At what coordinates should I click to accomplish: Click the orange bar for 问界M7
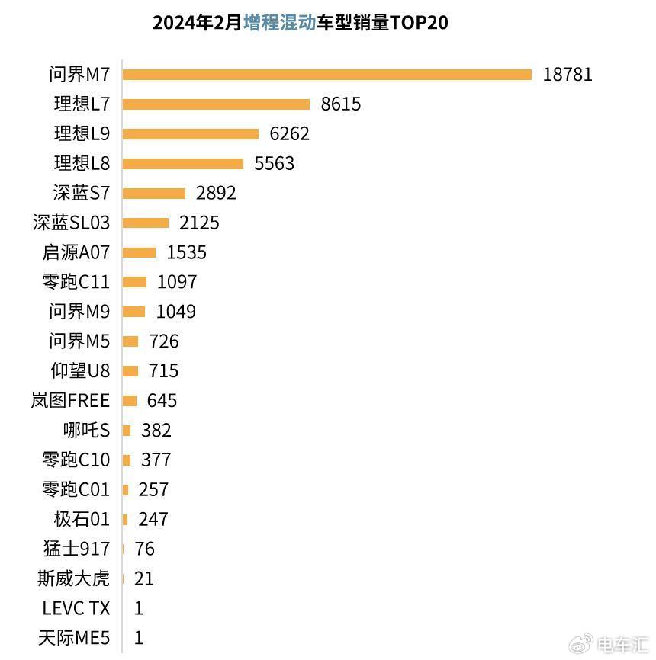[326, 75]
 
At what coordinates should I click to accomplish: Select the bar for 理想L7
[216, 104]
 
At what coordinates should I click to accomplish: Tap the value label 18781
[568, 75]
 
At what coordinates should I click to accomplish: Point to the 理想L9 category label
[82, 134]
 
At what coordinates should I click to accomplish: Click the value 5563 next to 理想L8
[274, 164]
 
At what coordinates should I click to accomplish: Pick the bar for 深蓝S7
[154, 194]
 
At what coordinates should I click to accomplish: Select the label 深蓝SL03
[72, 223]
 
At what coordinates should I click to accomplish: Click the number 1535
[186, 253]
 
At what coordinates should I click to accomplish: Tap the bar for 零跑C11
[134, 283]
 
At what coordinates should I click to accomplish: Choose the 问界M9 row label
[79, 312]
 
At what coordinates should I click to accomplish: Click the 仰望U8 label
[80, 371]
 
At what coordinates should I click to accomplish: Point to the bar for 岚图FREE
[130, 401]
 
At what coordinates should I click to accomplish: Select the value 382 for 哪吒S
[156, 431]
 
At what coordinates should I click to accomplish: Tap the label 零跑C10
[76, 460]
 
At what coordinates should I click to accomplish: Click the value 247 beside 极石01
[153, 520]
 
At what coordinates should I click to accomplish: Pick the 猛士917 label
[78, 549]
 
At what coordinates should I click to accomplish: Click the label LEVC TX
[76, 609]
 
